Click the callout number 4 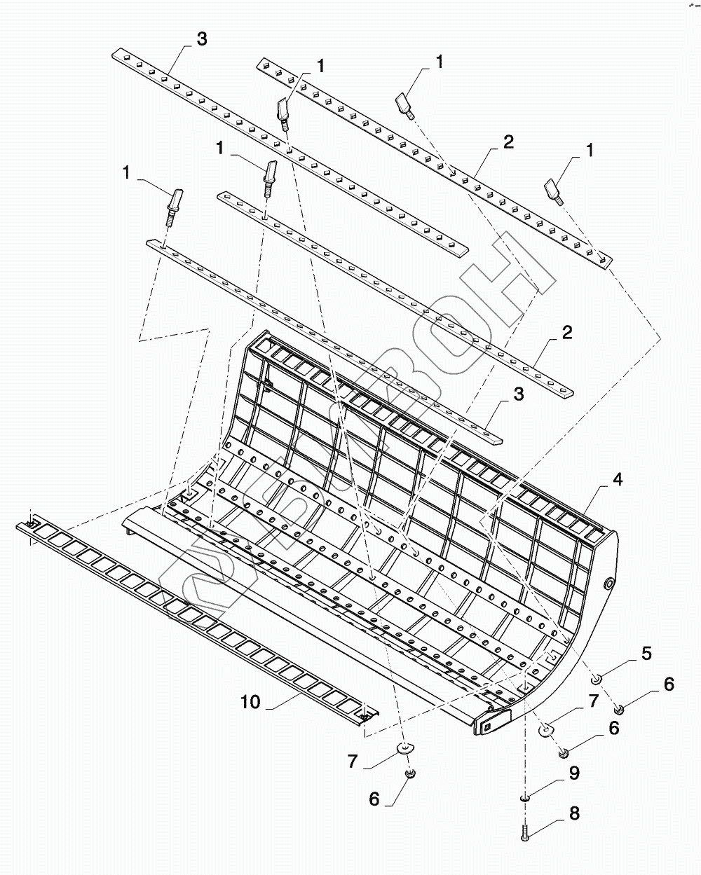point(617,480)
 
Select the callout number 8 point(574,814)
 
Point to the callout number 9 point(574,773)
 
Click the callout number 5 point(646,654)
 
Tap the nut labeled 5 point(596,678)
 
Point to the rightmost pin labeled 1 point(553,190)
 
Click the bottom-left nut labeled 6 point(410,773)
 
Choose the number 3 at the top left point(202,39)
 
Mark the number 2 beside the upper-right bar point(508,142)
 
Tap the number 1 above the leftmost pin point(128,172)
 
